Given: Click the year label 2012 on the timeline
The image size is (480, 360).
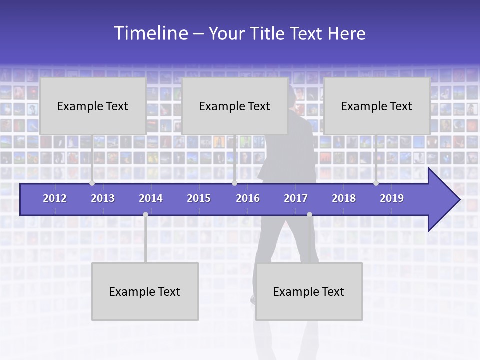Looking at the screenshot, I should point(55,198).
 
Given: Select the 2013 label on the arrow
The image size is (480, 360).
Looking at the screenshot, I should point(103,198).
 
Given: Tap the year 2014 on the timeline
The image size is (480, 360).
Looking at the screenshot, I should point(151,198).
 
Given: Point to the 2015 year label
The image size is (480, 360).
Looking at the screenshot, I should point(199,198).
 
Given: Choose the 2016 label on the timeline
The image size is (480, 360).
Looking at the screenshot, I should point(248,198).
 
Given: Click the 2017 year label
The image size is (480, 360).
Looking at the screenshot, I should point(296,198).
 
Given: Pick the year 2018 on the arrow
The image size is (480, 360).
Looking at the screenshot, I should point(344,198).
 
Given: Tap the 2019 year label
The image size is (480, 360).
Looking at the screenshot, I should point(392,198).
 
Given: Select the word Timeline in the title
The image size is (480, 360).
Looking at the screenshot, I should point(150,33).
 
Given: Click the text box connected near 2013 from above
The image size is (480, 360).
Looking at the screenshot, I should point(93,106).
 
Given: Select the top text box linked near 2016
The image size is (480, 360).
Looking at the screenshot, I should point(235,106).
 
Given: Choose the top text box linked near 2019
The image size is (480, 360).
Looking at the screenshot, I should point(377,106).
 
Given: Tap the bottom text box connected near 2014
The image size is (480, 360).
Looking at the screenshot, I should point(145,291).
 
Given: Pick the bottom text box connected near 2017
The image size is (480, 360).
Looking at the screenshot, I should point(309,291).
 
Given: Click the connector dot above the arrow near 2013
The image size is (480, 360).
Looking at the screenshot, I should point(92,183).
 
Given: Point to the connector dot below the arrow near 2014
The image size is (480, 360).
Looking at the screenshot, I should point(145,214).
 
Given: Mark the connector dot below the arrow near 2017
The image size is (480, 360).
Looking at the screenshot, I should point(309,214).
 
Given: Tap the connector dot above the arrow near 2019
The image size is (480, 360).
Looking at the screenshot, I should point(376,183).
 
